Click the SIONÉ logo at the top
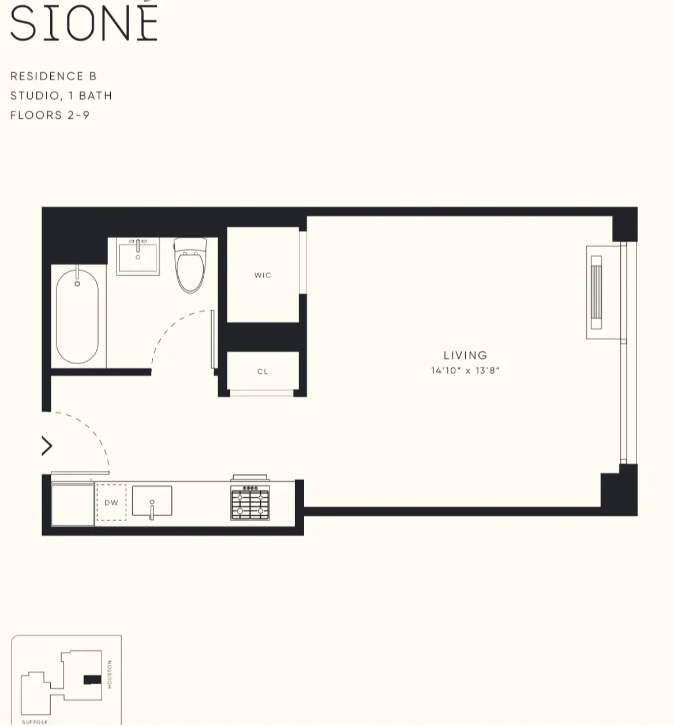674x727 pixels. (x=84, y=23)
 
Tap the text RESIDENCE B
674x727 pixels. (x=54, y=76)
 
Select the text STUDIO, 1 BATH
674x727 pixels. (x=61, y=96)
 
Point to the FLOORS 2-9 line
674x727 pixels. (x=50, y=115)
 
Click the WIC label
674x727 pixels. (x=263, y=275)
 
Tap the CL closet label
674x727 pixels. (x=263, y=372)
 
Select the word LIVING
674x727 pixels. (x=465, y=355)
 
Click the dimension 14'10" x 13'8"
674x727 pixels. (x=465, y=370)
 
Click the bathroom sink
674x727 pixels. (x=138, y=257)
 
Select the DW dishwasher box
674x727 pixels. (x=111, y=503)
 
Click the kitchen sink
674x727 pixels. (x=152, y=501)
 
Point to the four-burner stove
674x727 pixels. (x=250, y=503)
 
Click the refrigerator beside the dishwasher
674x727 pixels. (x=73, y=504)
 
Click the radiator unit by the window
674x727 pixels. (x=596, y=292)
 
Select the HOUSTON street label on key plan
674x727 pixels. (x=110, y=674)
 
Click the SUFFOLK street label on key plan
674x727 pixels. (x=35, y=722)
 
